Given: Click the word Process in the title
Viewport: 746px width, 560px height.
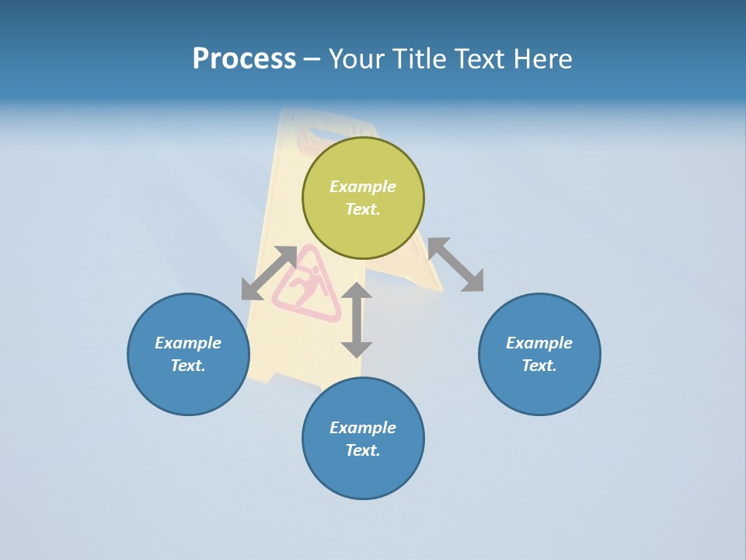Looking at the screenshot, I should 244,59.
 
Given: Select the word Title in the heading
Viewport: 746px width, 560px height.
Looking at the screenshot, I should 418,59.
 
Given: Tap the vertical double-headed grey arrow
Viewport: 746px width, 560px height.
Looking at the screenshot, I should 357,320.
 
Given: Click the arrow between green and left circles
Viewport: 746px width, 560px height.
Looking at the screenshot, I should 269,273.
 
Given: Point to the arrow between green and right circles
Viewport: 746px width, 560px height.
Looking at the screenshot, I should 455,264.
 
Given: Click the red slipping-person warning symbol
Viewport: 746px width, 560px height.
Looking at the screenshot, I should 308,286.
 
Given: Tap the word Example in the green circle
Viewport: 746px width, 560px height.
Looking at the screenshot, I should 363,187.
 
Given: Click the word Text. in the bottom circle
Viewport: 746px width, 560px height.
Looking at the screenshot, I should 363,450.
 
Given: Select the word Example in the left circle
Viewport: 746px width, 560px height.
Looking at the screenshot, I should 188,343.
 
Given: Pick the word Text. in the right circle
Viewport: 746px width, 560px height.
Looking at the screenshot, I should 539,366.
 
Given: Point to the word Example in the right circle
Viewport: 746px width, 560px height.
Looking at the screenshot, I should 539,343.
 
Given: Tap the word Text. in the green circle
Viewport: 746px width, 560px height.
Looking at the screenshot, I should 363,209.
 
